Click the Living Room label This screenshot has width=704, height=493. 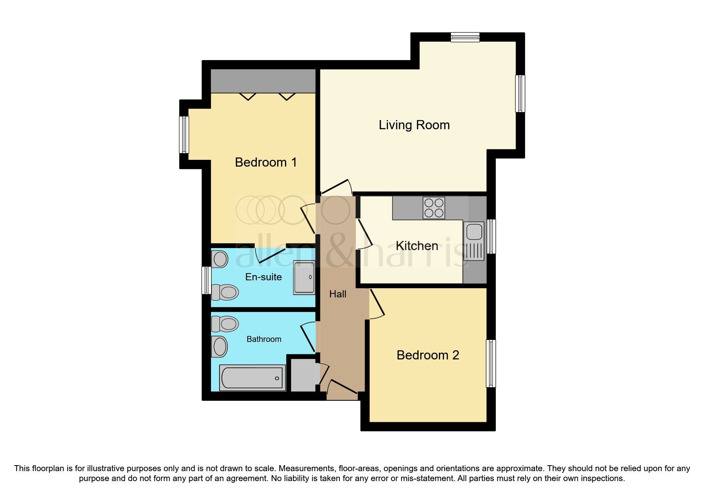click(x=414, y=125)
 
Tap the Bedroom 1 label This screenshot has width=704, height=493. click(x=266, y=162)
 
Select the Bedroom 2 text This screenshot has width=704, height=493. click(x=428, y=355)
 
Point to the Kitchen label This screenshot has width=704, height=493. click(x=417, y=246)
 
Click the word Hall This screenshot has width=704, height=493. click(x=337, y=294)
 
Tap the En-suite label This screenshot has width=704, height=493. click(x=263, y=277)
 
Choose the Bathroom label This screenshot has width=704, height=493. click(x=264, y=339)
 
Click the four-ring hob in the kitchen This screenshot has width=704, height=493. click(x=434, y=208)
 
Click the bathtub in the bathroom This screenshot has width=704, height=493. click(x=252, y=378)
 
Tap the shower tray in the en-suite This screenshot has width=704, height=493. click(x=304, y=277)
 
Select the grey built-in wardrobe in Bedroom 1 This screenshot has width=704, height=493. click(x=263, y=81)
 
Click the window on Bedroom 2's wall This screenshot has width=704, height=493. click(x=491, y=363)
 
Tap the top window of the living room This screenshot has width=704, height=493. click(x=465, y=37)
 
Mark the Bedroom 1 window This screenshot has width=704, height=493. click(x=184, y=134)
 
